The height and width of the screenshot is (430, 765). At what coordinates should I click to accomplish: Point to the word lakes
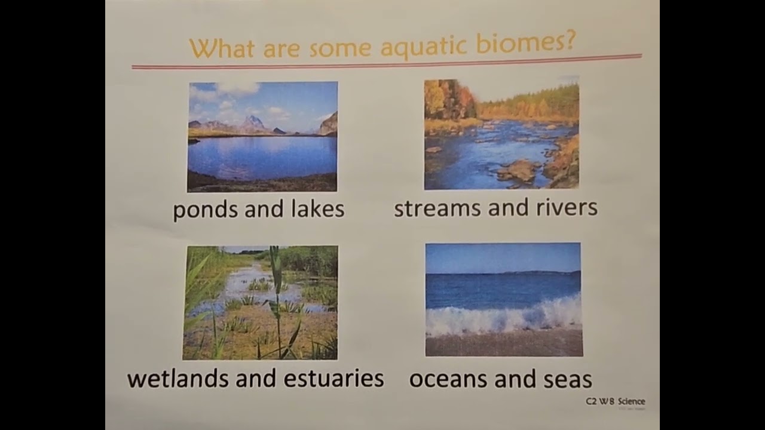click(317, 208)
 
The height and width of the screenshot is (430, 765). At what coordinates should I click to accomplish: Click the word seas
click(566, 379)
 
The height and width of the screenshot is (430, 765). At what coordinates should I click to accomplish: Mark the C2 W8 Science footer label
click(615, 401)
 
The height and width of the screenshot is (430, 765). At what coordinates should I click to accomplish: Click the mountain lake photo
click(262, 137)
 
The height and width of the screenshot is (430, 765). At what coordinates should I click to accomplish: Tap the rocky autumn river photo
click(501, 135)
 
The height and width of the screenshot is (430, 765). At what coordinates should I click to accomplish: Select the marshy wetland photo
click(261, 303)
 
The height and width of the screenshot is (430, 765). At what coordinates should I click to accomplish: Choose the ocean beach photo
click(503, 299)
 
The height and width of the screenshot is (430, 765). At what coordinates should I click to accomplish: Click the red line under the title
click(386, 62)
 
